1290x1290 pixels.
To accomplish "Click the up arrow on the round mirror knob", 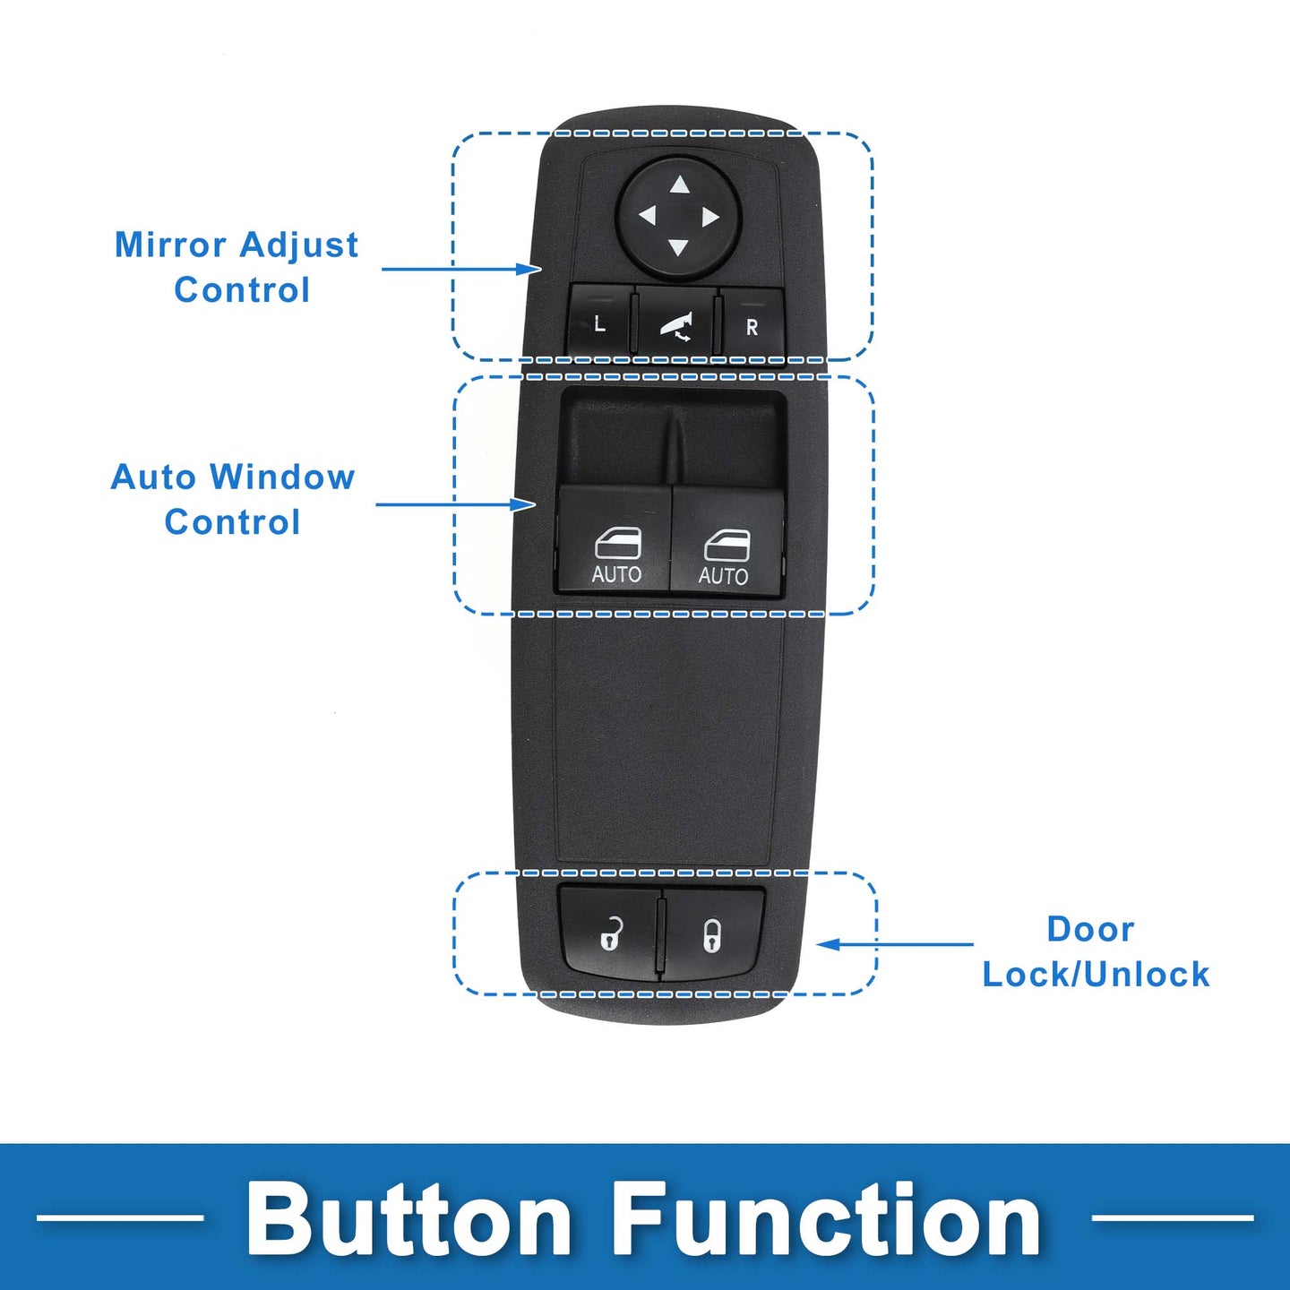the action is [679, 185].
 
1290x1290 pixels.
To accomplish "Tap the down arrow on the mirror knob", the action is [678, 247].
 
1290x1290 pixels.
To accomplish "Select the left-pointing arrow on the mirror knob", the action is [648, 216].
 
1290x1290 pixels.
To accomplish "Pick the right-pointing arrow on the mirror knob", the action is [710, 218].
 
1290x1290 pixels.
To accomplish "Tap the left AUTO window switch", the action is [615, 539].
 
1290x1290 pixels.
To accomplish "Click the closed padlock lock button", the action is [714, 934].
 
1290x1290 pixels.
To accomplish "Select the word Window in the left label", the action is [282, 478].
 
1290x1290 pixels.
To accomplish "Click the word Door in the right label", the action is [1090, 929].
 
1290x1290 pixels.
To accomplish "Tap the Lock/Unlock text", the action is [1096, 974].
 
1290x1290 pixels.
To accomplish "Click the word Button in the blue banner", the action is [408, 1221].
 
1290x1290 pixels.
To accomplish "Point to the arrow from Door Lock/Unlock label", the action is [895, 944].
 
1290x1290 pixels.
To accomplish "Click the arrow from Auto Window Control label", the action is [455, 503].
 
